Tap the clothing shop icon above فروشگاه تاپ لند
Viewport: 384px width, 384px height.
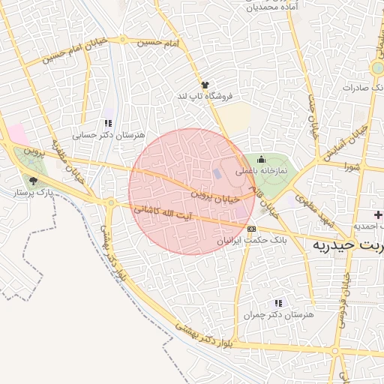tap(204, 85)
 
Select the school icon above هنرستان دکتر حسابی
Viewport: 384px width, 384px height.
tap(108, 123)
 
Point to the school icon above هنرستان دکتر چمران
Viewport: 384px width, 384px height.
tap(278, 303)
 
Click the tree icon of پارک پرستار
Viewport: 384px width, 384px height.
tap(32, 180)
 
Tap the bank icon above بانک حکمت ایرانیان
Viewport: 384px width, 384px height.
tap(251, 229)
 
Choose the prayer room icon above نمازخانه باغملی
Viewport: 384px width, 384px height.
tap(261, 159)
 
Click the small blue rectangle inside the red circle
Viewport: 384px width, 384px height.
tap(217, 174)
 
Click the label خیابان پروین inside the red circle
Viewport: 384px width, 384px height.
tap(215, 196)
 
